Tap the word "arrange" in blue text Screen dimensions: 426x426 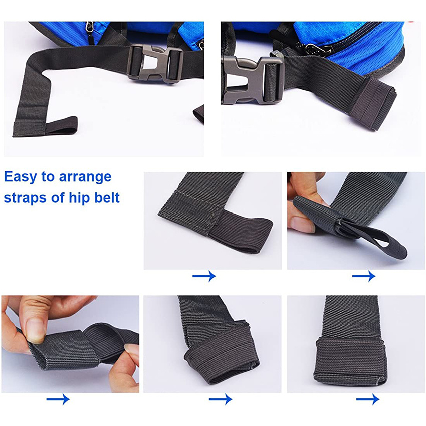[x=85, y=177]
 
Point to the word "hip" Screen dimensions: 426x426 [x=79, y=198]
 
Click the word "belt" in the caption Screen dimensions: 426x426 [x=107, y=197]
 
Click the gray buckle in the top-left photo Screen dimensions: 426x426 [x=155, y=63]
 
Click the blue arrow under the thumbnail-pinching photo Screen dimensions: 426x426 [x=58, y=399]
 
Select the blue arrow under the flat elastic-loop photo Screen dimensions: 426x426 [x=204, y=276]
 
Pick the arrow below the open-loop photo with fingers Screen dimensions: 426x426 [x=364, y=276]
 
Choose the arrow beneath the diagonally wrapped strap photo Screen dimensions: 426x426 [x=221, y=399]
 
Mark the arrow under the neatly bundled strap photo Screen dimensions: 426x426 [x=368, y=399]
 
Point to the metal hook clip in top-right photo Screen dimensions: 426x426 [x=315, y=50]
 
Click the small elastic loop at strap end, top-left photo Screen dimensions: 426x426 [x=61, y=126]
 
